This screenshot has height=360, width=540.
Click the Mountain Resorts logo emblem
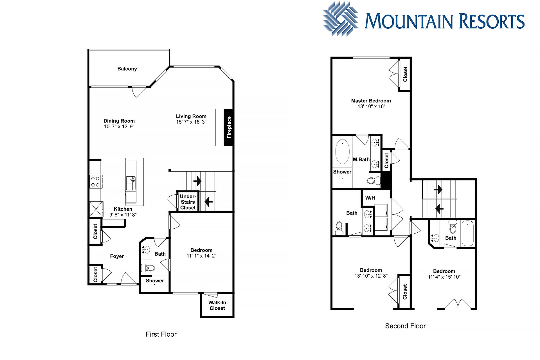341,19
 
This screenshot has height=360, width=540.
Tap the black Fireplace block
228,127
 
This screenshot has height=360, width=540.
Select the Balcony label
127,69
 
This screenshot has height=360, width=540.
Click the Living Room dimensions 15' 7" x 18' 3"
191,122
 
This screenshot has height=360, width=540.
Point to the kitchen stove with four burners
96,181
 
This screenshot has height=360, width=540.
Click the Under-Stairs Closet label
188,202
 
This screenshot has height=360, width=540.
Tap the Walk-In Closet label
217,305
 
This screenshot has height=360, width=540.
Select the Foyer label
117,256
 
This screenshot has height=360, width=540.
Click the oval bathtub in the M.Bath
342,151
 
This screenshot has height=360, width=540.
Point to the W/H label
370,198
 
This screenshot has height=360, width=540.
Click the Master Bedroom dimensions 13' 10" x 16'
371,106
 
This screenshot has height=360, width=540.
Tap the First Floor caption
161,334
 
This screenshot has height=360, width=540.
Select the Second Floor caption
405,326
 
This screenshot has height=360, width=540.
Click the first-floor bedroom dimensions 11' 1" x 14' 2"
201,256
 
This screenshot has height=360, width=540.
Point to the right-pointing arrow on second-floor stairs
438,190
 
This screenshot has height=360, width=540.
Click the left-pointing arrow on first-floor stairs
208,202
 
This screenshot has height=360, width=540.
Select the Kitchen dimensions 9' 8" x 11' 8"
123,215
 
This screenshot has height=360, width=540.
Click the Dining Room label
119,121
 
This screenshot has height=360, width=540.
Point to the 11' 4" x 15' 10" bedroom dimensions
444,277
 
